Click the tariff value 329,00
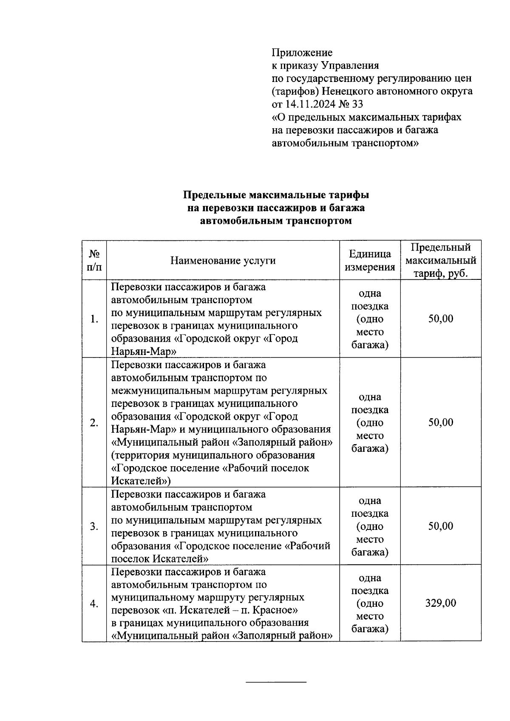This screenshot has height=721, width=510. tap(441, 603)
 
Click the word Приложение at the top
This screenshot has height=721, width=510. tap(302, 53)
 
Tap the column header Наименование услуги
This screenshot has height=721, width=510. tap(223, 260)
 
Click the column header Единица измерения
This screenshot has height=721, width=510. tap(370, 260)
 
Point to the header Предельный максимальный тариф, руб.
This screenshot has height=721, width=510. tap(441, 260)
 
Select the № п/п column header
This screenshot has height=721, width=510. tap(94, 260)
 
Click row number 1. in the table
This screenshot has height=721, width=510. tap(94, 319)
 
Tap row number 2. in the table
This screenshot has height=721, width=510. tap(94, 423)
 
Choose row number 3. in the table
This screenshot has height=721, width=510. tap(94, 527)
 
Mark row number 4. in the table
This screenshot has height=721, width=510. tap(94, 604)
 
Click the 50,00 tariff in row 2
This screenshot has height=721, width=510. tap(441, 422)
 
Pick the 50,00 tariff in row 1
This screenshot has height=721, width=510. tap(441, 318)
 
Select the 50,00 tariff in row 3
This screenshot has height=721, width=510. tap(441, 526)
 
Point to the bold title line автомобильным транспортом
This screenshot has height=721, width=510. tap(276, 221)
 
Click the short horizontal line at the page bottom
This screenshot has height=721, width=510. tap(276, 682)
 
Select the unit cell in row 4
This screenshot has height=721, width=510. tap(370, 603)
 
